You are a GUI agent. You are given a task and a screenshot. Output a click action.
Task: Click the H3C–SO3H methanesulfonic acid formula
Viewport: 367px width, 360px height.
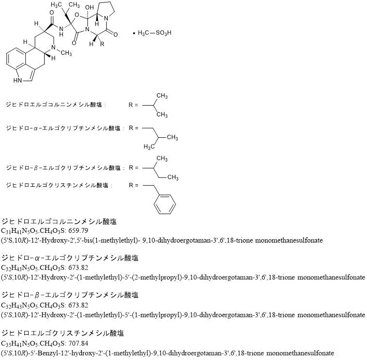(155, 33)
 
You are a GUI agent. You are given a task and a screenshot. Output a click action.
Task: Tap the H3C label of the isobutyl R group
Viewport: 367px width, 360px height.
(150, 147)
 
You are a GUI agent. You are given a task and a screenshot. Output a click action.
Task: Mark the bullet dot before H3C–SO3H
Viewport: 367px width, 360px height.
(134, 33)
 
